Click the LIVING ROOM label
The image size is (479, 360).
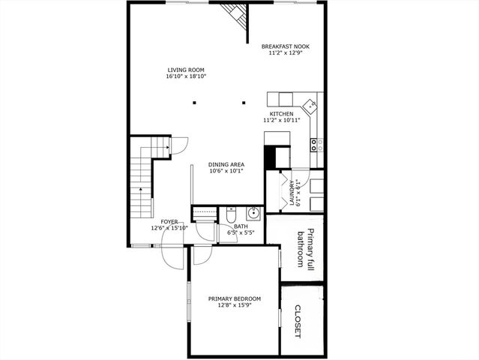[x=187, y=70]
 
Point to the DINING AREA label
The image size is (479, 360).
[x=226, y=164]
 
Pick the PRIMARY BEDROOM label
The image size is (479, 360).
[x=234, y=298]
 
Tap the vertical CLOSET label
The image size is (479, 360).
[x=298, y=321]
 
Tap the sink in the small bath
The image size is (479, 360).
[x=253, y=212]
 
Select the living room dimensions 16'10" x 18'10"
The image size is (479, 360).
[x=187, y=76]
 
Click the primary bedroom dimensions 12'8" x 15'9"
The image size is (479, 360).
[x=234, y=305]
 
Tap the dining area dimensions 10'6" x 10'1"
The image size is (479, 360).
[x=226, y=171]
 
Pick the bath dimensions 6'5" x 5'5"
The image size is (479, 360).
[x=241, y=232]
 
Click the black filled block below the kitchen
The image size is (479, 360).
[x=282, y=156]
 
